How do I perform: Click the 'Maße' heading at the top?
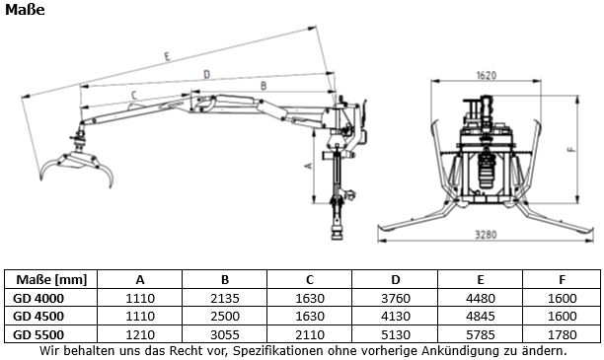coord(25,10)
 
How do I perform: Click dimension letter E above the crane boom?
coord(167,56)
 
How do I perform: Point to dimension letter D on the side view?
coord(207,74)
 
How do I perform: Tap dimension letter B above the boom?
coord(264,86)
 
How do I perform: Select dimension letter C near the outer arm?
coord(134,95)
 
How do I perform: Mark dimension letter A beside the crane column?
coord(308,166)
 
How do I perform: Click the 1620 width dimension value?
coord(487,75)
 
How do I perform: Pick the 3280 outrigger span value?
coord(486,235)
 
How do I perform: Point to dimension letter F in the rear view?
coord(571,149)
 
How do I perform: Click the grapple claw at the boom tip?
coord(77,166)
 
